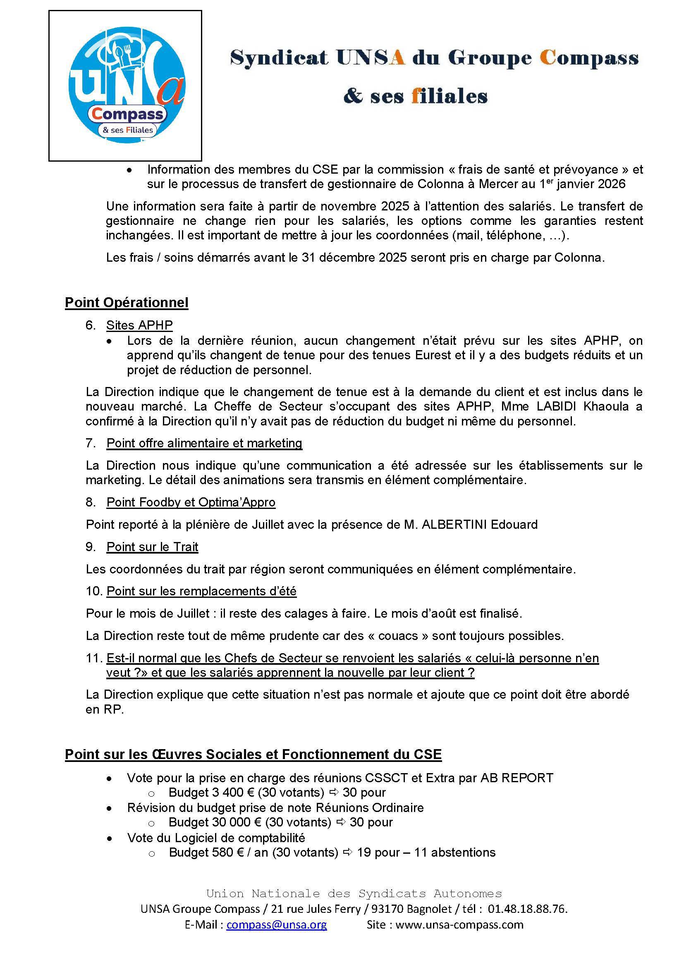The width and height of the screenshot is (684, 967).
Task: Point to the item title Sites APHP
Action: point(139,325)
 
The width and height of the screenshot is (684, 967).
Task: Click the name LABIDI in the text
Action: point(557,406)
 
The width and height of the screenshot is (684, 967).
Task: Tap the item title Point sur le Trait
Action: point(152,547)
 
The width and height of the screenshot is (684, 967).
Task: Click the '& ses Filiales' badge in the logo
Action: point(128,130)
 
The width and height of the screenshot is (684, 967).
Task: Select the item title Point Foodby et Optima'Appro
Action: point(191,502)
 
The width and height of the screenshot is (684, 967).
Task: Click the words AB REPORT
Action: point(517,778)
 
